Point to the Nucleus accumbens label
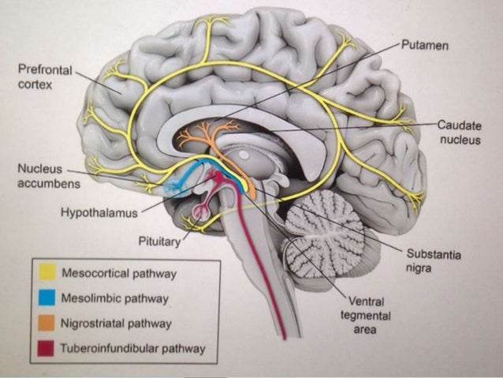click(x=40, y=177)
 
